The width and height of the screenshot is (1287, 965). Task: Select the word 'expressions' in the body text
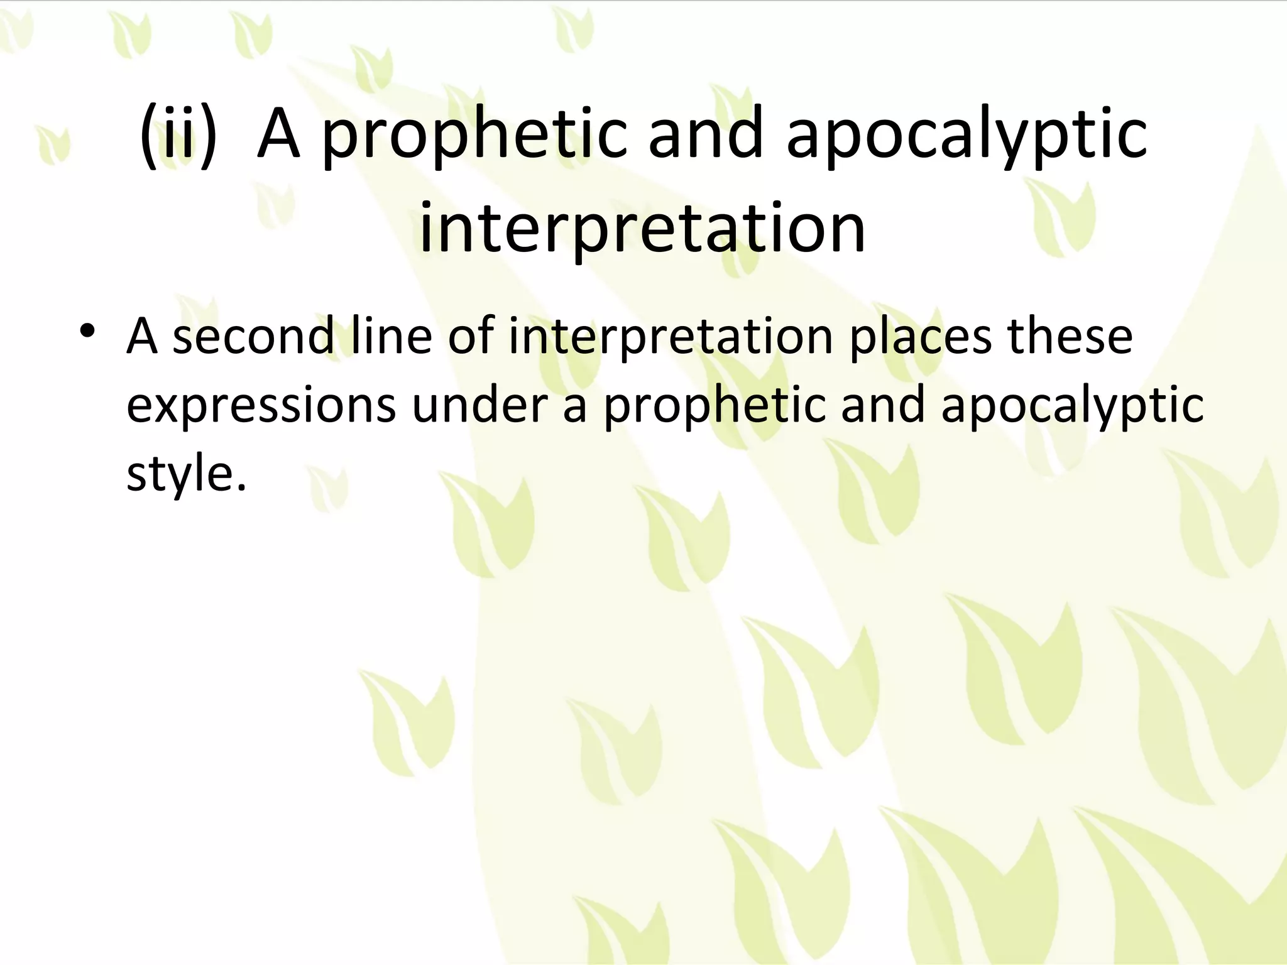pos(261,405)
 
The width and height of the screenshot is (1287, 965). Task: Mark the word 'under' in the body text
pos(480,405)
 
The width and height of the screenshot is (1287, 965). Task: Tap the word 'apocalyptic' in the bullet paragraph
pos(1072,405)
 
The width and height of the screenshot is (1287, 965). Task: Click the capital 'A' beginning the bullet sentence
pos(141,337)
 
